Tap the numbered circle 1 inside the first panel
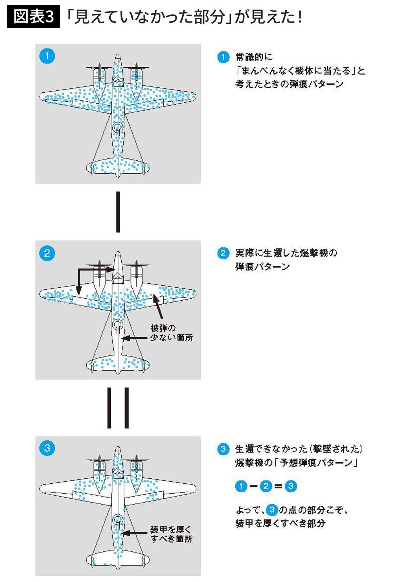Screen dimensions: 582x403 (47, 56)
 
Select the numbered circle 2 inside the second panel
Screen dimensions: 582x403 (47, 253)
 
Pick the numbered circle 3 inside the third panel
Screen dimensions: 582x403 (47, 448)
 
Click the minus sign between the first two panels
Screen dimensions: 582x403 (118, 212)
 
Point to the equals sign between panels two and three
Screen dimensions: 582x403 (118, 407)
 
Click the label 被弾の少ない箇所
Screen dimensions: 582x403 (171, 333)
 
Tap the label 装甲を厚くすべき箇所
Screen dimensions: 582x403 (171, 534)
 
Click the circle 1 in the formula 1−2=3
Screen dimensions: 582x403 (241, 486)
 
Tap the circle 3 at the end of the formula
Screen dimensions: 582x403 (291, 486)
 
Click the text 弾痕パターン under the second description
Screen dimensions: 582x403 (262, 267)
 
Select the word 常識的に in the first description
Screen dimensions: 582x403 (254, 57)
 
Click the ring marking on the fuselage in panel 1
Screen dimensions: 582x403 (118, 127)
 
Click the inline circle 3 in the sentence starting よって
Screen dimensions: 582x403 (272, 510)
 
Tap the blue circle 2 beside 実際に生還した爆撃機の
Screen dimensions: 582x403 (223, 253)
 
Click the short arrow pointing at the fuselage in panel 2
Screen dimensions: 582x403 (134, 338)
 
